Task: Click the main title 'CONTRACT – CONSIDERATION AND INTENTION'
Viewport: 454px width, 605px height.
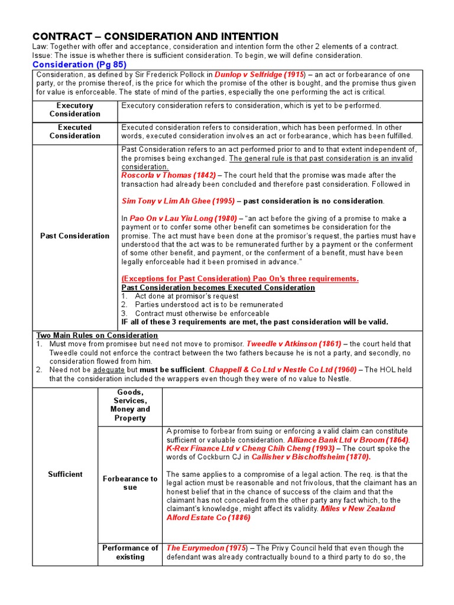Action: pos(155,37)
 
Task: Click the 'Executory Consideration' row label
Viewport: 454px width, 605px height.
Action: pos(74,109)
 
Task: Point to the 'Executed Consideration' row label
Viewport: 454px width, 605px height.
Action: pos(74,131)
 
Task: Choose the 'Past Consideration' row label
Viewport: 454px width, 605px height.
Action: pos(74,236)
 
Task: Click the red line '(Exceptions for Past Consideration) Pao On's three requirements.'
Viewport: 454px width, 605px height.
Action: pos(239,279)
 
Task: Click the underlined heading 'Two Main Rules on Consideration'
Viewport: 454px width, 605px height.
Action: pos(97,335)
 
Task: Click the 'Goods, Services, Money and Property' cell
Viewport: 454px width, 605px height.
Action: pos(130,405)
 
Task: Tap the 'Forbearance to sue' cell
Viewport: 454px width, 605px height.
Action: pos(130,483)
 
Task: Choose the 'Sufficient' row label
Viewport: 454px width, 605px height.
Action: pos(65,474)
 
